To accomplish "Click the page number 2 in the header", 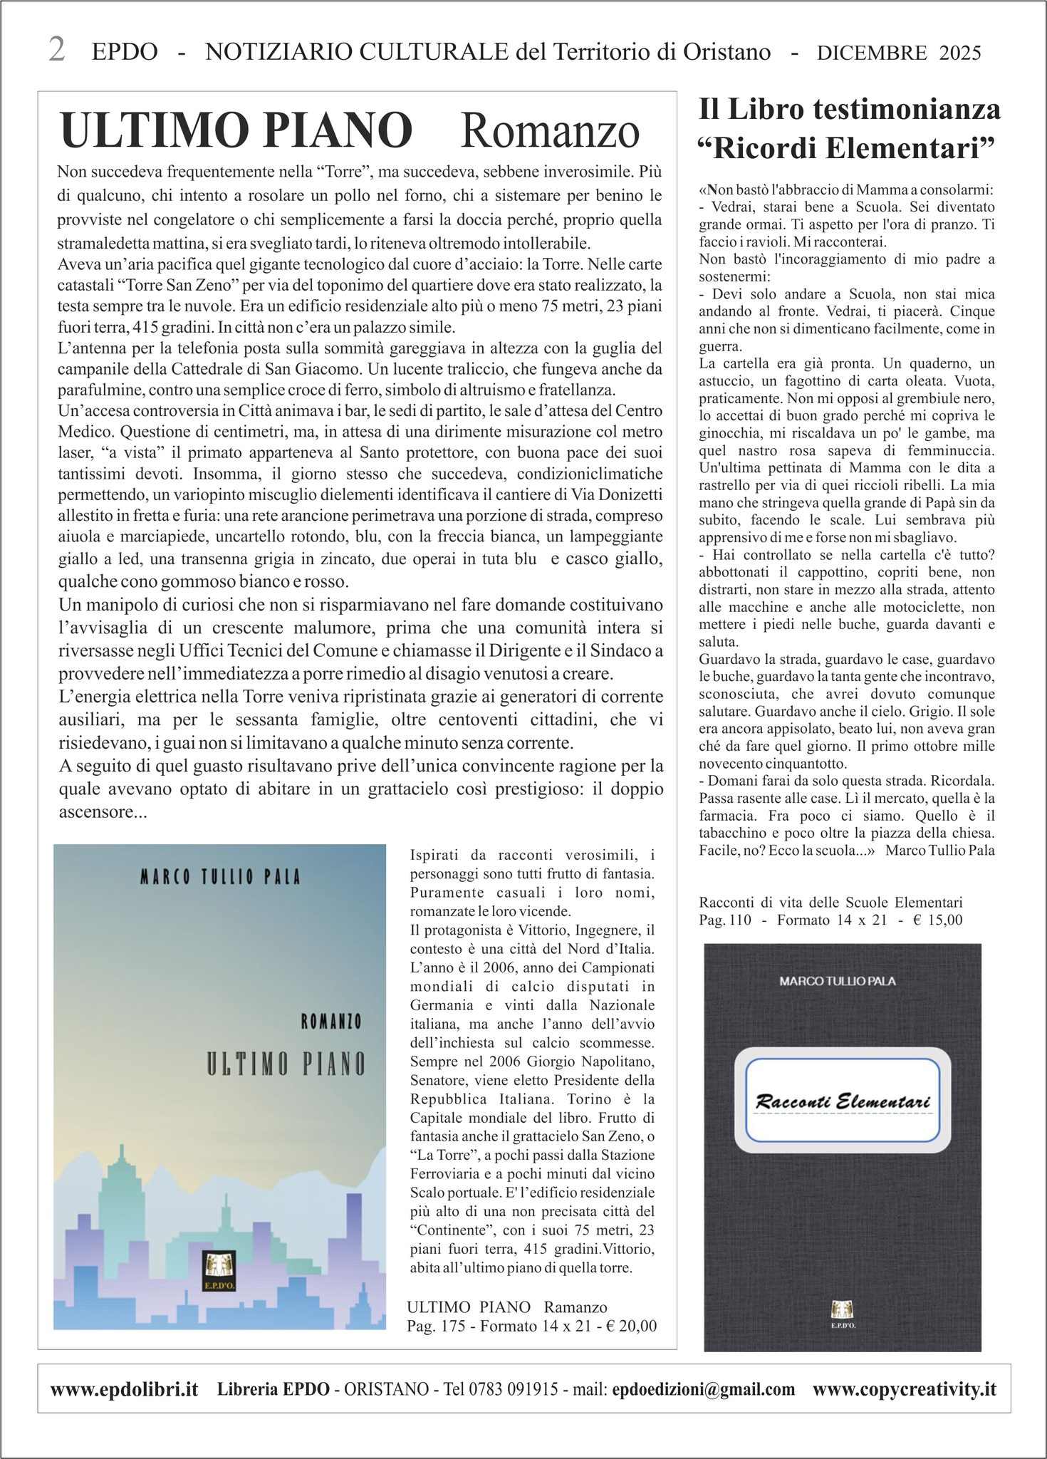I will tap(57, 50).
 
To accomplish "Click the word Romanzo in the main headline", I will tap(550, 131).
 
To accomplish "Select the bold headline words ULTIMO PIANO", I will tap(236, 130).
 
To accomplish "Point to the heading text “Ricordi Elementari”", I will tap(847, 149).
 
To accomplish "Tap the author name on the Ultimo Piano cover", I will tap(220, 876).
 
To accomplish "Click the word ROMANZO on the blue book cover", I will tap(330, 1022).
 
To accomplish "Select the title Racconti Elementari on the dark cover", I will tap(843, 1101).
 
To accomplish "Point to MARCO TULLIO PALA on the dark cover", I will tap(838, 981).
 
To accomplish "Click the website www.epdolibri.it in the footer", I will tap(124, 1389).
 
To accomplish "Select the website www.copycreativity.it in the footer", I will tap(904, 1389).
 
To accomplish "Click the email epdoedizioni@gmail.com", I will tap(703, 1389).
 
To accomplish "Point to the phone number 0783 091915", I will tap(513, 1389).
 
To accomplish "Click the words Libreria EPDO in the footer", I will tap(274, 1389).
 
